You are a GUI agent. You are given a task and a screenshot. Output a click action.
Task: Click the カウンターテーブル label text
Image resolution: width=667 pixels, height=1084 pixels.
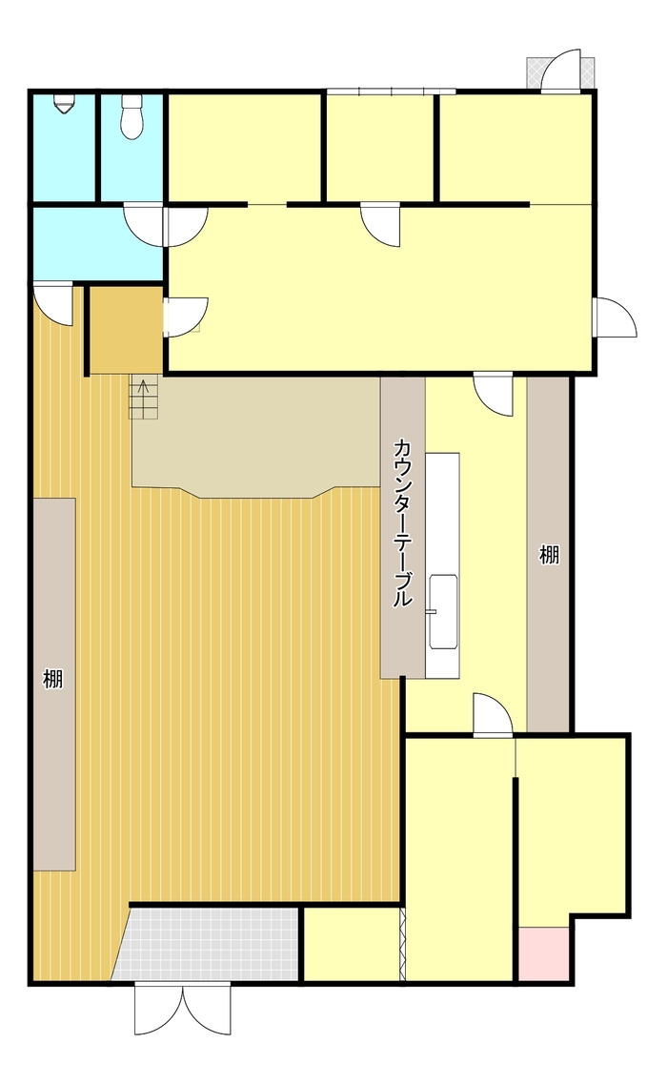[x=403, y=522]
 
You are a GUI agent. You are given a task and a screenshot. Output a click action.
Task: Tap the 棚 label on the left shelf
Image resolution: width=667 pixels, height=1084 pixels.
[x=53, y=680]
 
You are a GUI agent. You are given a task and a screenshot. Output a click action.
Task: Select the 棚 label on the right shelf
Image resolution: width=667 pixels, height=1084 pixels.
[x=549, y=554]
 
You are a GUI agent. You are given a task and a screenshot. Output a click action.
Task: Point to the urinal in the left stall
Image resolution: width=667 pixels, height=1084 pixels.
[x=65, y=104]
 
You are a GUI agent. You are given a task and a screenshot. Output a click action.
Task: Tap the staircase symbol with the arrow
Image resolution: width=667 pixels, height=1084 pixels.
[x=143, y=397]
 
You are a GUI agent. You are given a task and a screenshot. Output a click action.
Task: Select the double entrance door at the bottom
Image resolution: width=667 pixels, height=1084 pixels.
[x=183, y=1009]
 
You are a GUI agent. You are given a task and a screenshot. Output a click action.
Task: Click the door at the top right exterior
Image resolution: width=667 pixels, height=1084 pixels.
[x=561, y=71]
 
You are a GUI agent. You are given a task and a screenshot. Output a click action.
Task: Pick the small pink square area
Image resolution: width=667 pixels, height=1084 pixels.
[x=544, y=953]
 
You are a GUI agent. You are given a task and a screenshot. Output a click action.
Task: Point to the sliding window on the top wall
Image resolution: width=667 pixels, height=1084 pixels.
[x=391, y=92]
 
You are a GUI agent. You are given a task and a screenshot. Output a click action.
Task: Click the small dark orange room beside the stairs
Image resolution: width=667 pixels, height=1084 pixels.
[x=125, y=329]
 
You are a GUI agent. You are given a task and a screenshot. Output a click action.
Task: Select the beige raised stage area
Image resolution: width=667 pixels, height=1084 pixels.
[x=257, y=434]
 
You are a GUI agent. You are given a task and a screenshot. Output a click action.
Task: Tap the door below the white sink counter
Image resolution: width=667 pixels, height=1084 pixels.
[x=494, y=715]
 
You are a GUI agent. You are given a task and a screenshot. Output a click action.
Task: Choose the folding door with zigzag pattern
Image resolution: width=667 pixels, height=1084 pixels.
[x=403, y=944]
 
